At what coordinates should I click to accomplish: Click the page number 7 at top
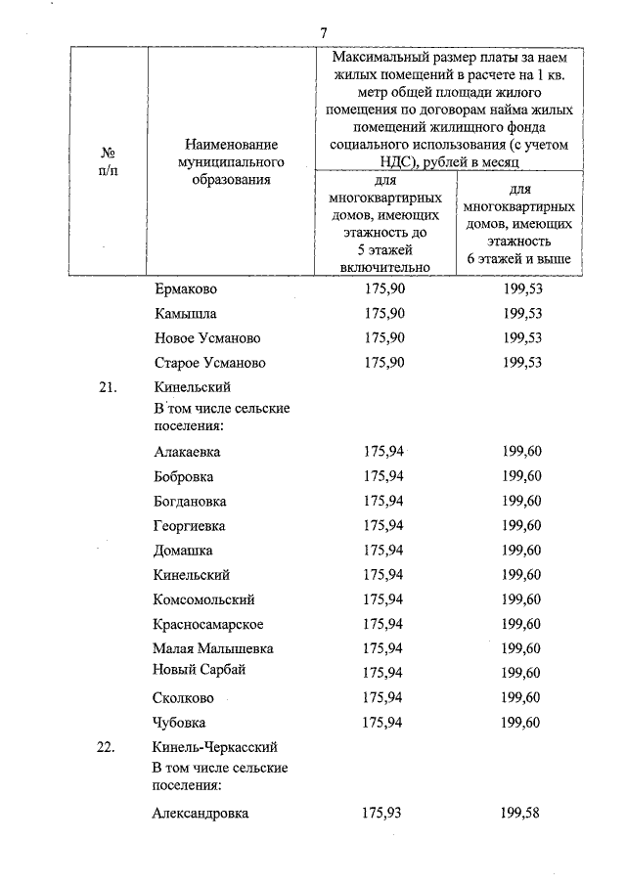pos(323,34)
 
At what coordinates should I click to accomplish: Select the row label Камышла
pos(186,314)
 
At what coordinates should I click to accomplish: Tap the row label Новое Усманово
pos(208,338)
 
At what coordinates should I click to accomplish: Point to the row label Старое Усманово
pos(210,363)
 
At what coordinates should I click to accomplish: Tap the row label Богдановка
pos(190,502)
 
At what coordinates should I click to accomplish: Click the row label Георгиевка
pos(190,526)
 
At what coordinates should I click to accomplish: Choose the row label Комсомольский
pos(204,599)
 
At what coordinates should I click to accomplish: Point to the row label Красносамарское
pos(208,624)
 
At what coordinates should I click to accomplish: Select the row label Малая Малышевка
pos(213,648)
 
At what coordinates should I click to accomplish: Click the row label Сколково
pos(184,697)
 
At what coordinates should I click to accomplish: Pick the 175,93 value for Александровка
pos(381,813)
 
